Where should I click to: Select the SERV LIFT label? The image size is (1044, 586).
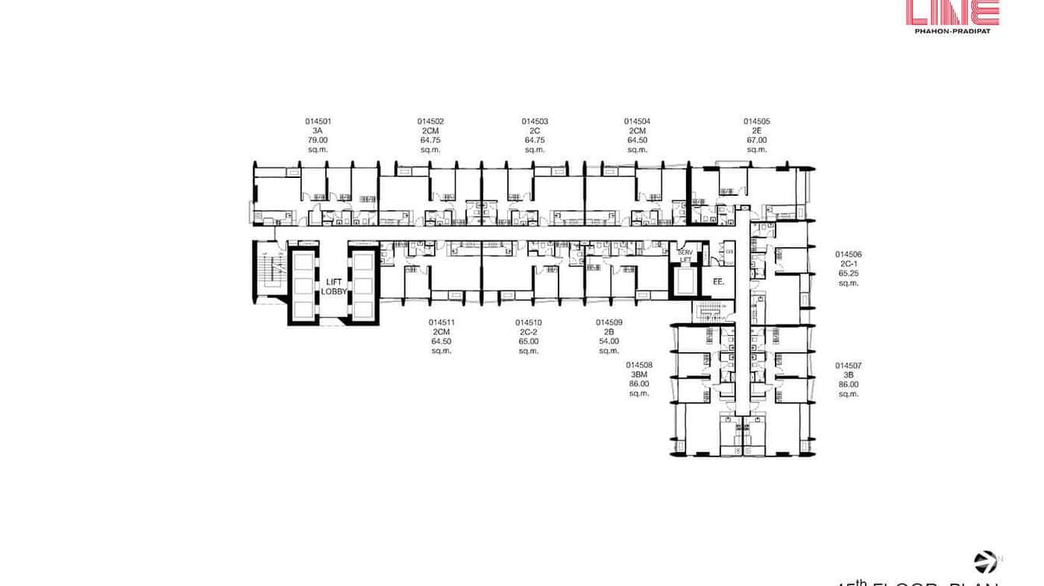point(685,256)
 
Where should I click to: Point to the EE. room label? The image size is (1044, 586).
point(718,282)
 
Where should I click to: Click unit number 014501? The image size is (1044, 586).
point(318,121)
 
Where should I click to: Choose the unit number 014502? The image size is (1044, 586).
point(430,121)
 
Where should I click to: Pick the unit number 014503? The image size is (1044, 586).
point(534,121)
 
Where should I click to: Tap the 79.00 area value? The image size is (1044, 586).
point(318,140)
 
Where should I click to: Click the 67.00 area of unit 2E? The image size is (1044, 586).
point(756,140)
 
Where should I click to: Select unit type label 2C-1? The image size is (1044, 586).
point(848,264)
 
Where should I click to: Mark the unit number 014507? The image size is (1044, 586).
point(848,365)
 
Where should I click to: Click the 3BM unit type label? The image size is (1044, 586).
point(639,375)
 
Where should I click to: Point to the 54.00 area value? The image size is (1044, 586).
point(609,341)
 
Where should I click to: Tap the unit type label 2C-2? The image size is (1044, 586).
point(528,332)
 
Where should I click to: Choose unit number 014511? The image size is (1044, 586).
point(441,323)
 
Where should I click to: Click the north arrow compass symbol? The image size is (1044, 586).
point(986,562)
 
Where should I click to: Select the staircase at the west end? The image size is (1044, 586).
point(270,272)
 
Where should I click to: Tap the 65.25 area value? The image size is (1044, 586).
point(848,274)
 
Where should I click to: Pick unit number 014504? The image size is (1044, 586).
point(637,121)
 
